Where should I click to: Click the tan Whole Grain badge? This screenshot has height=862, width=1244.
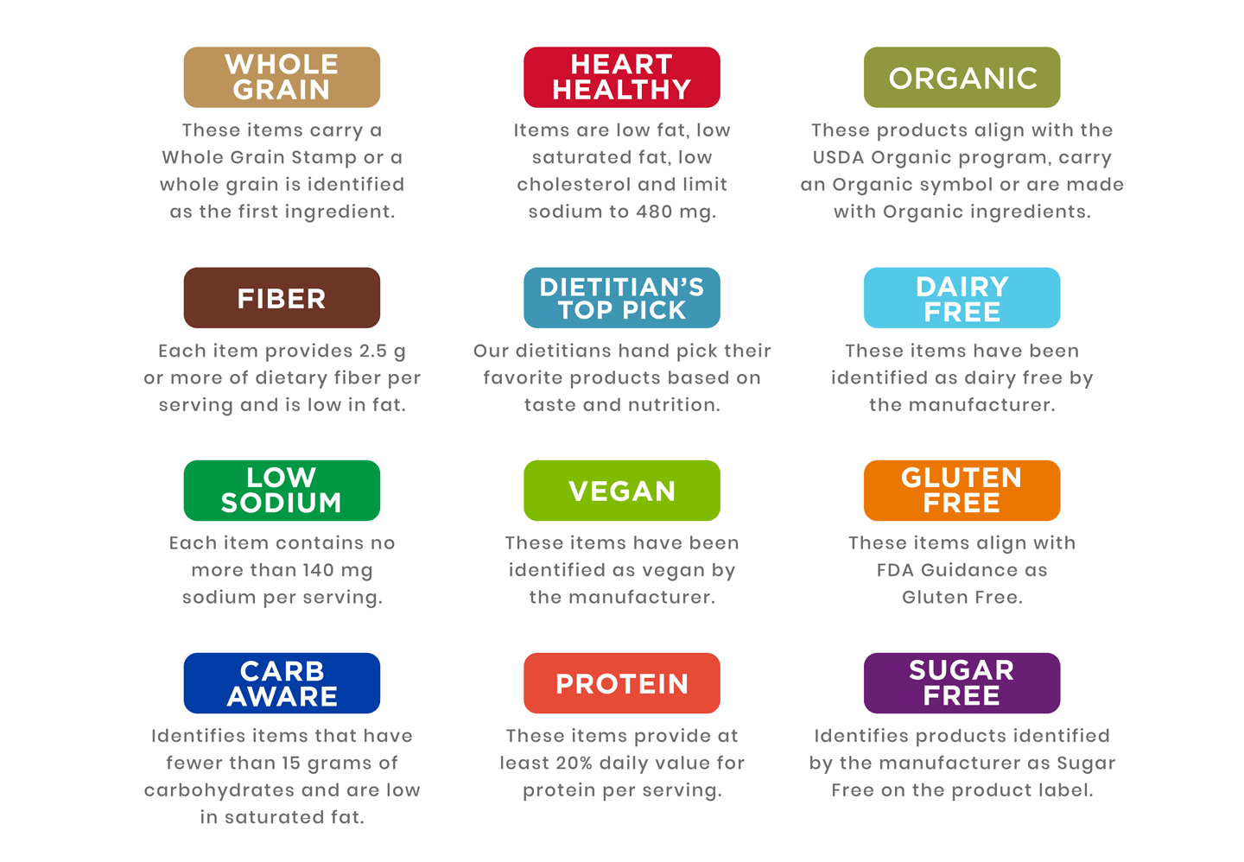pos(282,77)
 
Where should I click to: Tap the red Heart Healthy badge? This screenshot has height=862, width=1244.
pos(622,77)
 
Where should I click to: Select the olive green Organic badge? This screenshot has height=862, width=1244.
pos(962,77)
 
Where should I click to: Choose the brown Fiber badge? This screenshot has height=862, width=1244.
pos(282,298)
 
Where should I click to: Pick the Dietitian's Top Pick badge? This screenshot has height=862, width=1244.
pos(622,298)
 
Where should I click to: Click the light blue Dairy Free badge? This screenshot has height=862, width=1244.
pos(962,298)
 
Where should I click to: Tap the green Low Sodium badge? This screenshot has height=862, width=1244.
pos(282,491)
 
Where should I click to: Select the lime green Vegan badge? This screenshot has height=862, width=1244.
pos(622,491)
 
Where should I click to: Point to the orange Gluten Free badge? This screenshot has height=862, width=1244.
pos(962,491)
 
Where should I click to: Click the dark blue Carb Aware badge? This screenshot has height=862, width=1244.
pos(282,683)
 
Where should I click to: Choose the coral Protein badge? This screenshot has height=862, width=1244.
pos(622,683)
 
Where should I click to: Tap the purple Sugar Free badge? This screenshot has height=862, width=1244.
pos(962,683)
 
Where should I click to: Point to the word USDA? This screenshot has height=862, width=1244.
pos(839,157)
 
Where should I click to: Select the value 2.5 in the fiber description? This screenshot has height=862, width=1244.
pos(373,351)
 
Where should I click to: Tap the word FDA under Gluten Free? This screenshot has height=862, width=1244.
pos(895,570)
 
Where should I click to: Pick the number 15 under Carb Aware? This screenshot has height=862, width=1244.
pos(292,763)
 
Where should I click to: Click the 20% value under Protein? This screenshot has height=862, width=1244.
pos(574,763)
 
